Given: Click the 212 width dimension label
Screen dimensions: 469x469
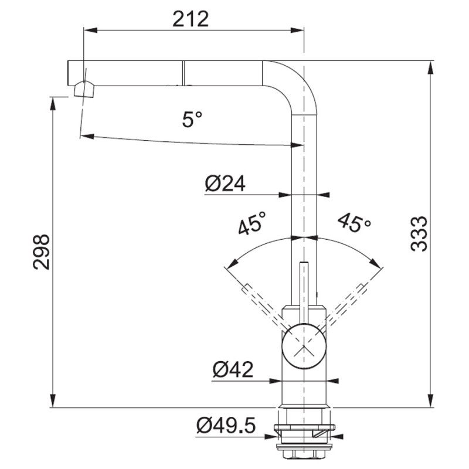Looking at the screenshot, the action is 191,19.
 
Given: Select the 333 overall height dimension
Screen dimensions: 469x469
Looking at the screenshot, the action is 419,233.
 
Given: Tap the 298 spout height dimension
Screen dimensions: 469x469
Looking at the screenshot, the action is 41,253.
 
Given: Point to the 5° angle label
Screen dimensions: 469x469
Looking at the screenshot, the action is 192,119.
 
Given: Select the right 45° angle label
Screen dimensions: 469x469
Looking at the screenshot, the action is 354,222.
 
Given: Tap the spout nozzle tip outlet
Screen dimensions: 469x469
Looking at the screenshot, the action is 84,90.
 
